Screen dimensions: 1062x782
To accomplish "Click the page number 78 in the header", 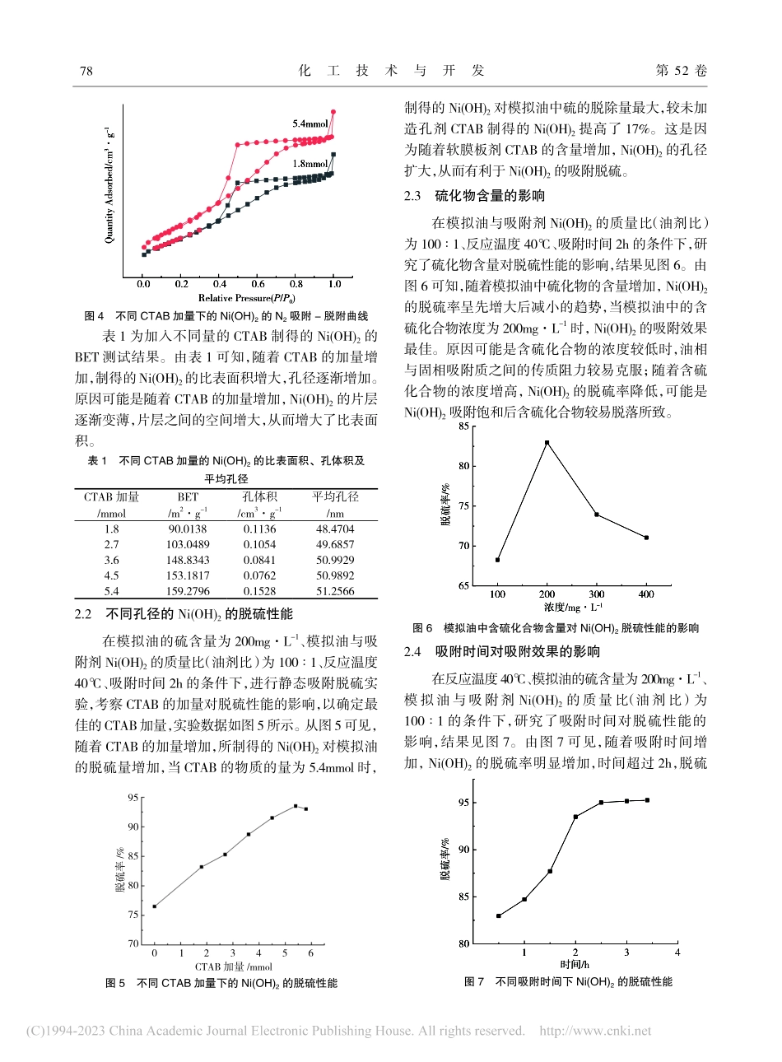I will (x=86, y=72).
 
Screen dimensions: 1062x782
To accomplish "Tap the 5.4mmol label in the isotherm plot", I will (x=310, y=124).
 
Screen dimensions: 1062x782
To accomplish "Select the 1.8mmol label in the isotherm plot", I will (x=310, y=164).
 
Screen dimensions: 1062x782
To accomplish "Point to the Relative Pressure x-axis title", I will (x=247, y=298).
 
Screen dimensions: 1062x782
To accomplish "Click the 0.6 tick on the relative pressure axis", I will (x=258, y=284).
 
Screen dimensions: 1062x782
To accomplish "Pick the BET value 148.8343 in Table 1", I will (x=188, y=560).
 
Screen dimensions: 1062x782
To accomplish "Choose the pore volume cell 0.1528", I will (x=259, y=591).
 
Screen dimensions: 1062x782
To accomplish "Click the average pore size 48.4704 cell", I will (x=335, y=529).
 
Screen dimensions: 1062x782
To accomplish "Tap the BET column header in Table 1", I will (x=188, y=497).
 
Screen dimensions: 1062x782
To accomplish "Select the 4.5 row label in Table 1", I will (x=111, y=575).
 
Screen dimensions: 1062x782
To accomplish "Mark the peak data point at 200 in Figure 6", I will (x=547, y=442).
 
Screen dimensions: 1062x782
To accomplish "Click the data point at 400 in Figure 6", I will (x=646, y=538).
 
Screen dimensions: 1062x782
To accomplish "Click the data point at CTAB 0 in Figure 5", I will (x=154, y=906).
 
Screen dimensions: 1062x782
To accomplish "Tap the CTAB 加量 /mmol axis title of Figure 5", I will (x=234, y=967).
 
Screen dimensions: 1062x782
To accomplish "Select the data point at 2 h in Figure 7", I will (x=575, y=817).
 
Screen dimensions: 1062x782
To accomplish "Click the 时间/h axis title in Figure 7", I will (x=575, y=964).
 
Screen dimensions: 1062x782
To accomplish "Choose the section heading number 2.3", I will (x=412, y=196).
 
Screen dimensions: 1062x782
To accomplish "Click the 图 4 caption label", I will (x=95, y=316).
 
